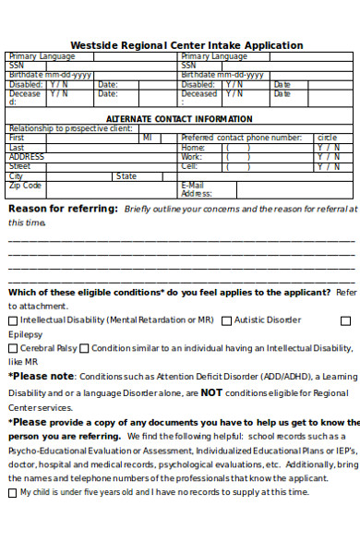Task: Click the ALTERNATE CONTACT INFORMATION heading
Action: [x=179, y=119]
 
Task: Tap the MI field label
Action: [x=148, y=138]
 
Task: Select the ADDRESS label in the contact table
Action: [x=27, y=157]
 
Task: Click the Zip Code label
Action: [x=25, y=186]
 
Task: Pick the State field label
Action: [x=126, y=176]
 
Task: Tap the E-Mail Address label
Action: [x=196, y=189]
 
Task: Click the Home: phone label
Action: [x=193, y=148]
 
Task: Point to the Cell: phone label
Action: [x=189, y=167]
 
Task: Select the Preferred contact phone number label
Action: [x=241, y=138]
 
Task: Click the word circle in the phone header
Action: [x=328, y=138]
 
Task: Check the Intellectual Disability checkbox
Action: [x=13, y=320]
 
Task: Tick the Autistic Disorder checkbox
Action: [x=226, y=320]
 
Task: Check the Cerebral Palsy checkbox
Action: [x=13, y=349]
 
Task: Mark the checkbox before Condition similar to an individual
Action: [x=84, y=349]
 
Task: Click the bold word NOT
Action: [x=211, y=391]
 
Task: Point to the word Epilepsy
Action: [x=25, y=334]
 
